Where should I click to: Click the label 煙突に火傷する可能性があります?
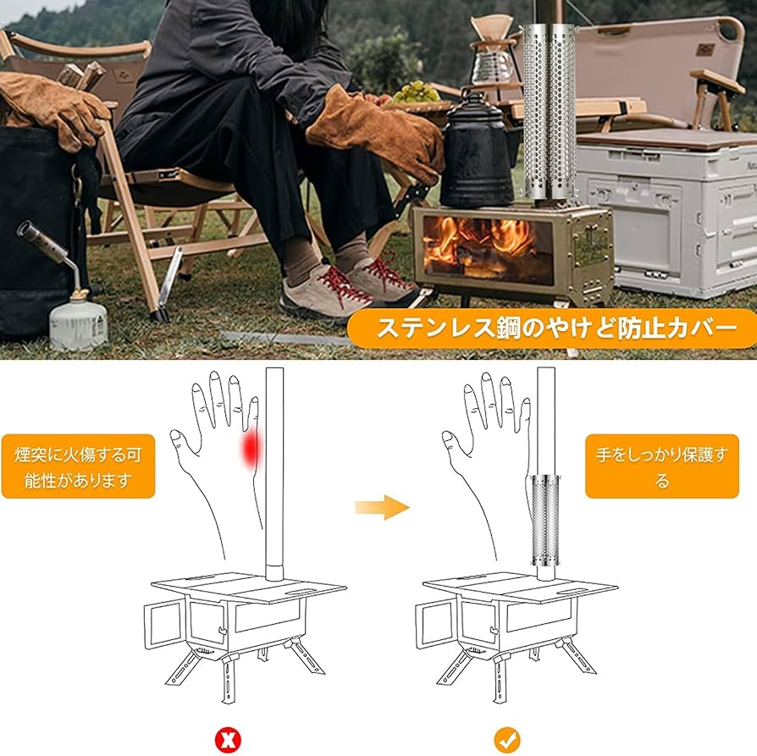pyautogui.click(x=78, y=467)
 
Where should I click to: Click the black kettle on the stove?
pyautogui.click(x=476, y=152)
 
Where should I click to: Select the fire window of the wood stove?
pyautogui.click(x=478, y=245)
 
